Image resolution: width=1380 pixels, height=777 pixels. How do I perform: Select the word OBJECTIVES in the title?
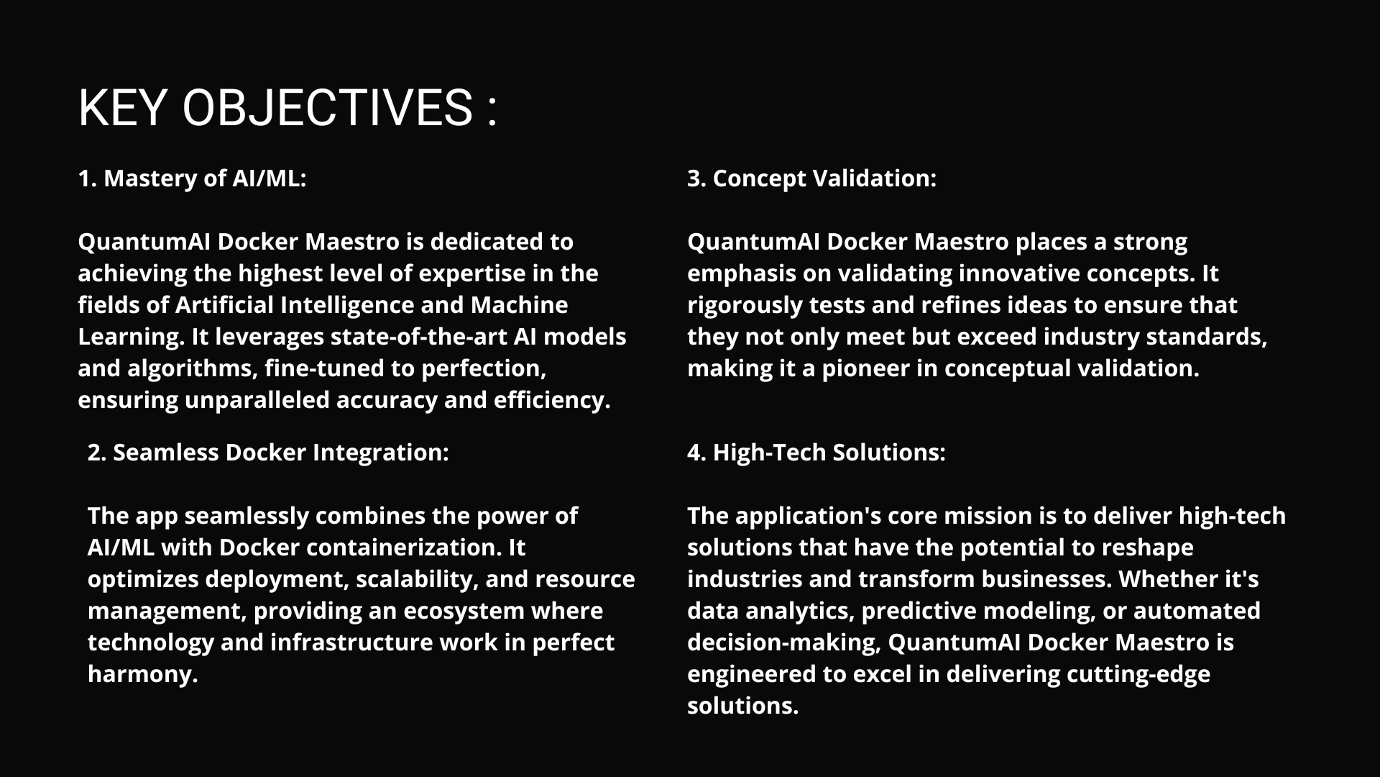pyautogui.click(x=327, y=108)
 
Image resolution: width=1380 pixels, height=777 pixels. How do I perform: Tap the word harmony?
pyautogui.click(x=142, y=675)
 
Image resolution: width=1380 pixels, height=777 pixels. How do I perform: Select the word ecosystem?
pyautogui.click(x=463, y=612)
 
